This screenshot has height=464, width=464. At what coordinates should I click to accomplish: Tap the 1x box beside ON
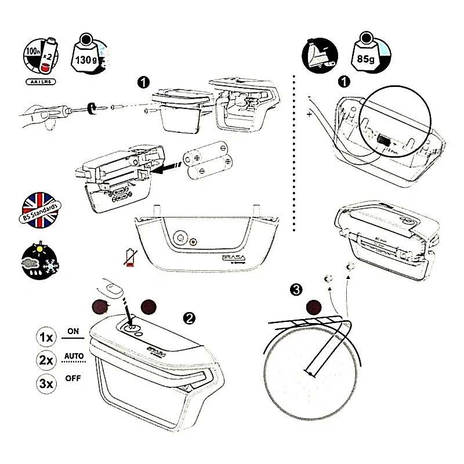tap(48, 336)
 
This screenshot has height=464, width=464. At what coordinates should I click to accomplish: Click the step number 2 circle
tap(188, 317)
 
